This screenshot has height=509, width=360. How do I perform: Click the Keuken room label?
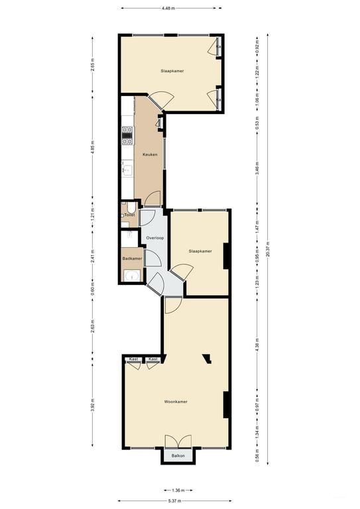(149, 154)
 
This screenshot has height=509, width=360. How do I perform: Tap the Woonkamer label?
(176, 402)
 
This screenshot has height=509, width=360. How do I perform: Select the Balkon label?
(178, 456)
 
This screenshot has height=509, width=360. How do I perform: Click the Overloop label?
(155, 237)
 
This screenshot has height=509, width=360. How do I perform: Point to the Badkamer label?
(132, 258)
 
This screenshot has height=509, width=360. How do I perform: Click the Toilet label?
(130, 215)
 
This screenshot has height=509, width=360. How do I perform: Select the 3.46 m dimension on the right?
(257, 171)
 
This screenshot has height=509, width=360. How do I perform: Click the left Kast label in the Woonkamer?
(133, 359)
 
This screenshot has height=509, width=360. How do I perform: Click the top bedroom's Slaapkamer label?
(172, 70)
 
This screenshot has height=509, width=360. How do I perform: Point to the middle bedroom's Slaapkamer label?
(200, 251)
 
